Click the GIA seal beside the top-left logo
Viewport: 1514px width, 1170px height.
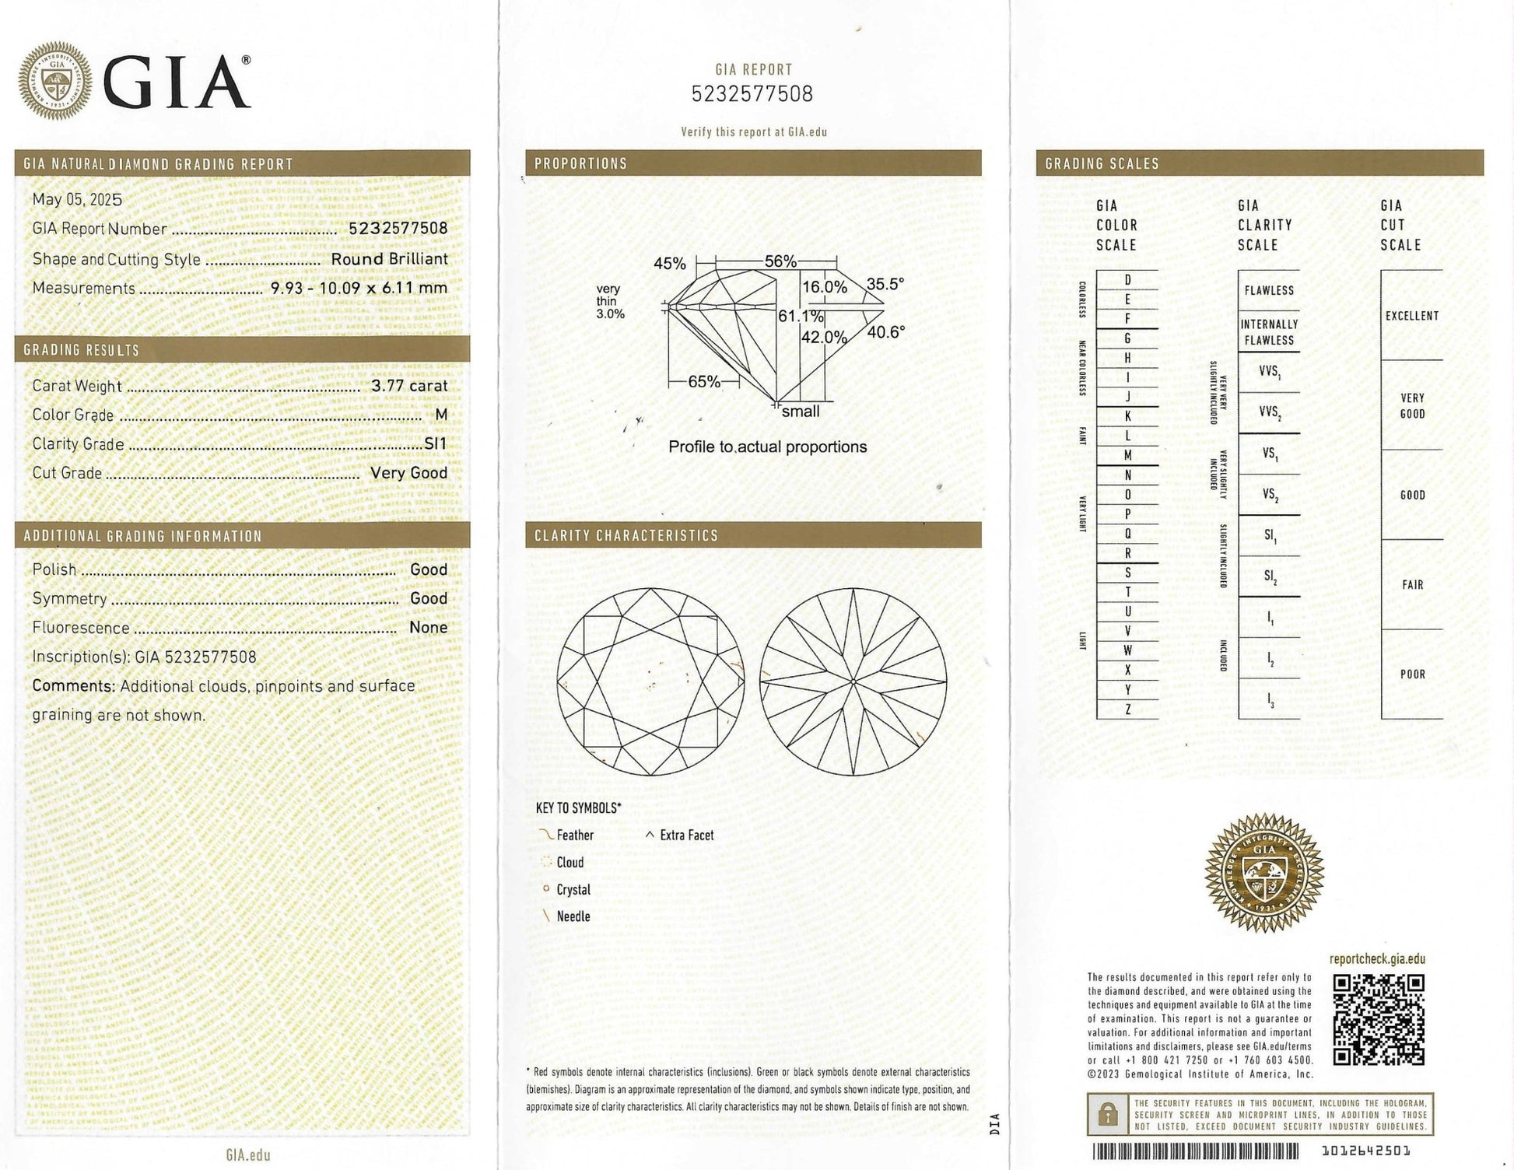[x=55, y=81]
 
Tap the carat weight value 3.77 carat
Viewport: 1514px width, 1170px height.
[x=409, y=386]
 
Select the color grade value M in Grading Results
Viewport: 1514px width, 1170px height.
[x=441, y=415]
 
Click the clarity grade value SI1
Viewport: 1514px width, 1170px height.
[x=436, y=443]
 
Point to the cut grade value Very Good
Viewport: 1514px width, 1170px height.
[x=408, y=473]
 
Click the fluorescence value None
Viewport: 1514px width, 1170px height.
[x=428, y=628]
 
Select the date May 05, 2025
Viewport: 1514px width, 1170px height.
[x=77, y=199]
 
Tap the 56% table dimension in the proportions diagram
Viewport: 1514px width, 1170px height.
[x=780, y=261]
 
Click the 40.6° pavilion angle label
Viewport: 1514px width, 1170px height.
[x=886, y=333]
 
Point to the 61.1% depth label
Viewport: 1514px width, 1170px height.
[x=801, y=317]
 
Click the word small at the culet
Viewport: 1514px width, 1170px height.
[x=801, y=412]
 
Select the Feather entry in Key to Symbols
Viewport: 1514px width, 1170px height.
[x=574, y=835]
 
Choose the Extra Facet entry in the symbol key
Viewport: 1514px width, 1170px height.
[x=686, y=835]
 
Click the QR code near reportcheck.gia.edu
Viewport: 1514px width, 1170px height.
[x=1379, y=1019]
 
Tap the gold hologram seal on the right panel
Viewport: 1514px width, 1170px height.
[x=1263, y=873]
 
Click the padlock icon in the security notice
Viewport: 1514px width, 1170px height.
[x=1107, y=1115]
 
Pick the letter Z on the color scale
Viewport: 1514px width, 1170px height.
[x=1127, y=709]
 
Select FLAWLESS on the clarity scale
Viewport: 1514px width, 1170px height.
[x=1269, y=291]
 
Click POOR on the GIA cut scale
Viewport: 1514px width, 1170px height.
[x=1412, y=674]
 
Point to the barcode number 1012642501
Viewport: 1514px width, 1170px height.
[x=1365, y=1151]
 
